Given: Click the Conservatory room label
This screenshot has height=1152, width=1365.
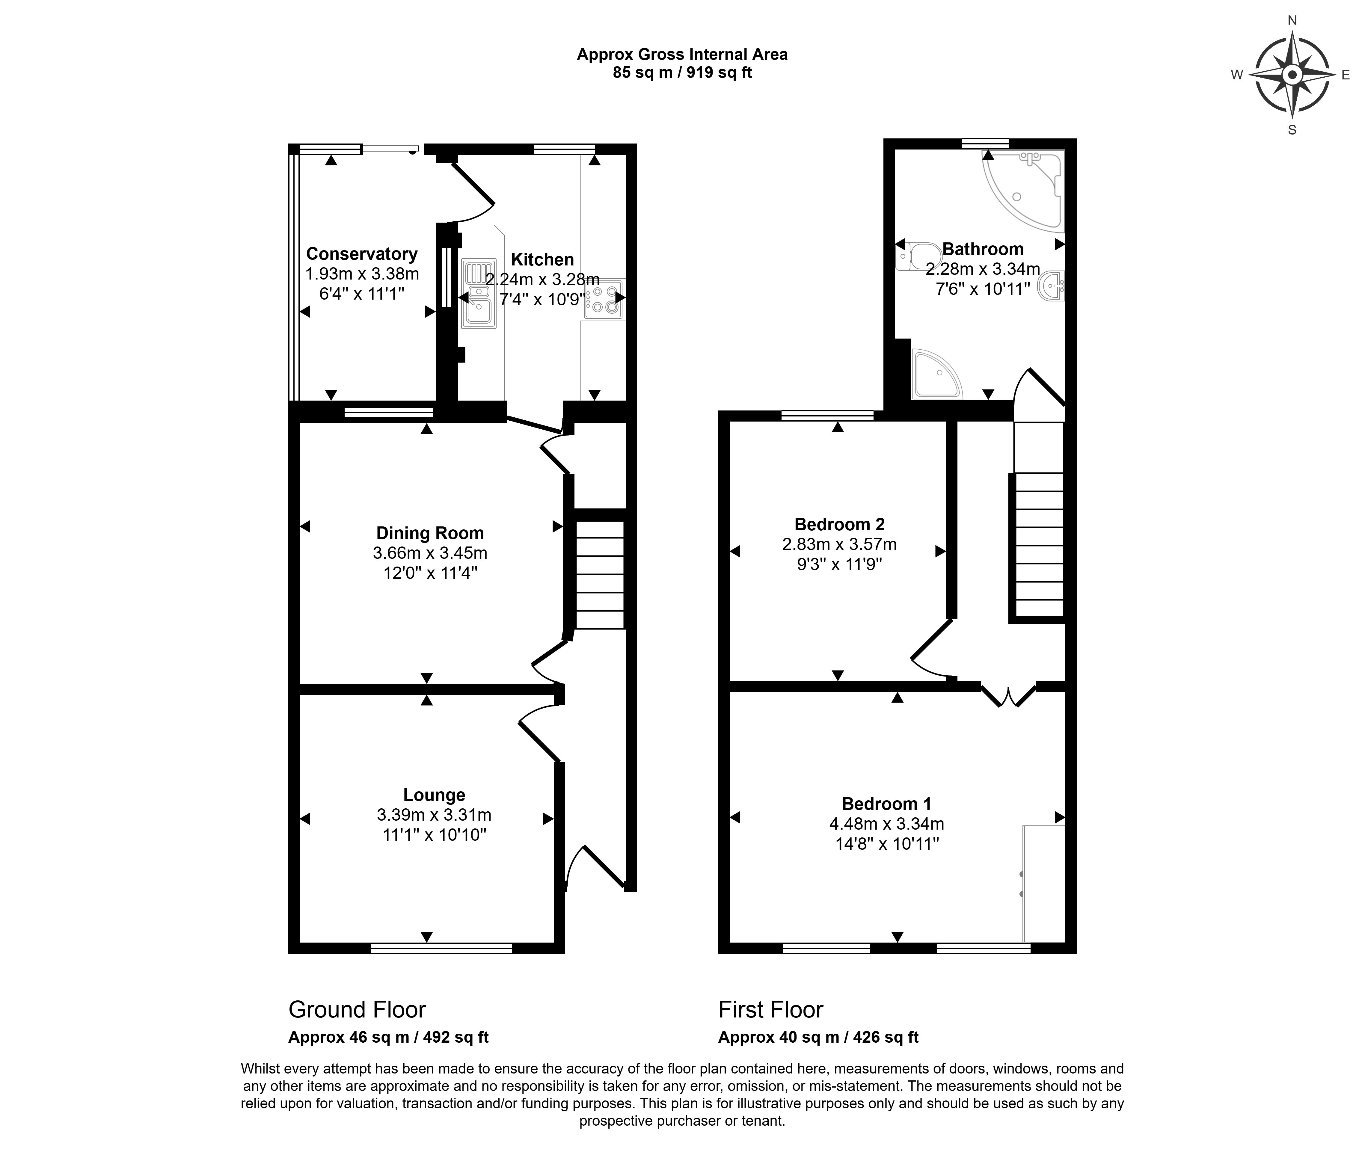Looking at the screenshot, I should (x=362, y=254).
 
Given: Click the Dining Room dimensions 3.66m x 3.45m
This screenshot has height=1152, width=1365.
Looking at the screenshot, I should (x=430, y=553).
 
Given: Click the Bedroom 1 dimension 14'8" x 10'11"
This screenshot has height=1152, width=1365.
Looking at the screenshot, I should (x=887, y=844).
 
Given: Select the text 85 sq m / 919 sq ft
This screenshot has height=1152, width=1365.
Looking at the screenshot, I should (x=682, y=73).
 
